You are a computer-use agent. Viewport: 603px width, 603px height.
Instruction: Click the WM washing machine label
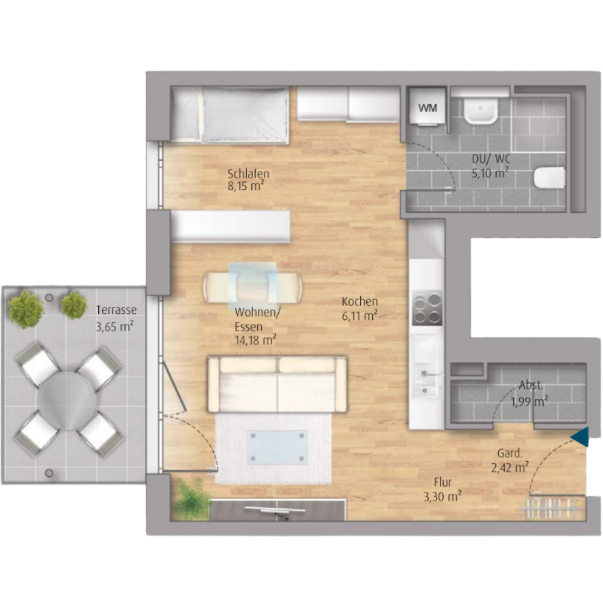(x=428, y=108)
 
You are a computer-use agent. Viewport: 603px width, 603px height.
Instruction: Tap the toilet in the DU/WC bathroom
(x=549, y=178)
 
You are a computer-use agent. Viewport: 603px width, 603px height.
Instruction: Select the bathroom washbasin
(x=480, y=111)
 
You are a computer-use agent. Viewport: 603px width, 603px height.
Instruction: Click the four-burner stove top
(x=427, y=308)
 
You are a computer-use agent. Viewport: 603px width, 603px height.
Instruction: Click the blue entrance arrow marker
(x=580, y=437)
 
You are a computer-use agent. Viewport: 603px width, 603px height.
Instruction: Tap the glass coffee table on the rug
(x=277, y=447)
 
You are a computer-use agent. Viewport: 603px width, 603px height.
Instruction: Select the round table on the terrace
(x=67, y=401)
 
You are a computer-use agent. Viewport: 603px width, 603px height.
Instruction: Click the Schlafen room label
(x=248, y=174)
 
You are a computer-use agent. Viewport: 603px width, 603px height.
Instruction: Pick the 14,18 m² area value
(x=255, y=339)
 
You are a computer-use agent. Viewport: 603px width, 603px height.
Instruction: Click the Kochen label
(x=360, y=301)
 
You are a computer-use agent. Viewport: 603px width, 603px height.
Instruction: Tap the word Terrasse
(x=116, y=310)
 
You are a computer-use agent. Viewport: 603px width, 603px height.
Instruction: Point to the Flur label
(x=443, y=482)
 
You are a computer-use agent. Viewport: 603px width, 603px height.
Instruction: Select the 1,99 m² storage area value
(x=529, y=401)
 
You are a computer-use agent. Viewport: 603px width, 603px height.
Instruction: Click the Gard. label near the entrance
(x=510, y=453)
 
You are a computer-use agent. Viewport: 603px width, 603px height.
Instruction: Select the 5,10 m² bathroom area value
(x=490, y=173)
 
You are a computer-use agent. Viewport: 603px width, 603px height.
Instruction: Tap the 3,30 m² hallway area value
(x=443, y=496)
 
